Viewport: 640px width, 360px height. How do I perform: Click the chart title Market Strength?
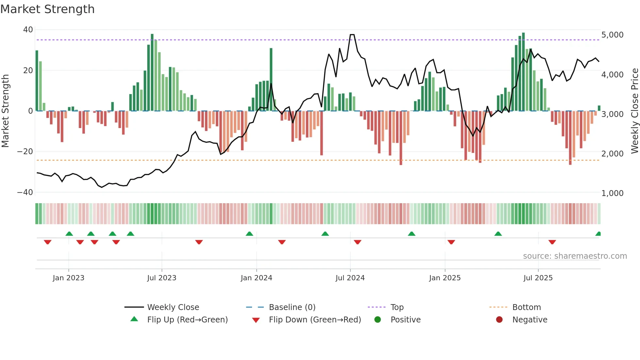point(47,9)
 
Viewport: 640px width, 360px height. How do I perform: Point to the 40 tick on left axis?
point(28,30)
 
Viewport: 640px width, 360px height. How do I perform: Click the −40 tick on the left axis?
point(25,192)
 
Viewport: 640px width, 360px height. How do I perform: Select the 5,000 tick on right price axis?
point(612,35)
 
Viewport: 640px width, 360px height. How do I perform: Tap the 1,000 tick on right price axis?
point(612,193)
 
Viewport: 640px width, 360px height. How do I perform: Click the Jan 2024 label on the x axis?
point(256,278)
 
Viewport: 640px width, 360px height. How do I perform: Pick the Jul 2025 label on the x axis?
point(538,278)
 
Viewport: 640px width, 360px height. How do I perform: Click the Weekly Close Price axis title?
point(634,111)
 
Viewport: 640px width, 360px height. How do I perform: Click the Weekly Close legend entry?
point(173,307)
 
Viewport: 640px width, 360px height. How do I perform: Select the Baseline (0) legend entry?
point(292,307)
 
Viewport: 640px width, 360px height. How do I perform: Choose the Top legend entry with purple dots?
point(397,307)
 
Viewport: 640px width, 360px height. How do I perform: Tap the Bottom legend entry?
point(526,307)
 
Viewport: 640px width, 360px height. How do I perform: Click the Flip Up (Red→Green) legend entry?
point(187,320)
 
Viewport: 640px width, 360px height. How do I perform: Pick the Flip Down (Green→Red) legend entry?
point(314,320)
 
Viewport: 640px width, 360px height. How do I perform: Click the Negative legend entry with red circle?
point(529,320)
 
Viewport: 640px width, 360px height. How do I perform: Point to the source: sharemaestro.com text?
point(575,256)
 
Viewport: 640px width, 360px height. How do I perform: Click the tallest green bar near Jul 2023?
point(152,72)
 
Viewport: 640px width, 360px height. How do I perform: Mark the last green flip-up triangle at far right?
point(598,234)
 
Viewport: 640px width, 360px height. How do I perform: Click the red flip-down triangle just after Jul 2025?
point(552,242)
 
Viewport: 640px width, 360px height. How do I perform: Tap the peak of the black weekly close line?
point(352,35)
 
